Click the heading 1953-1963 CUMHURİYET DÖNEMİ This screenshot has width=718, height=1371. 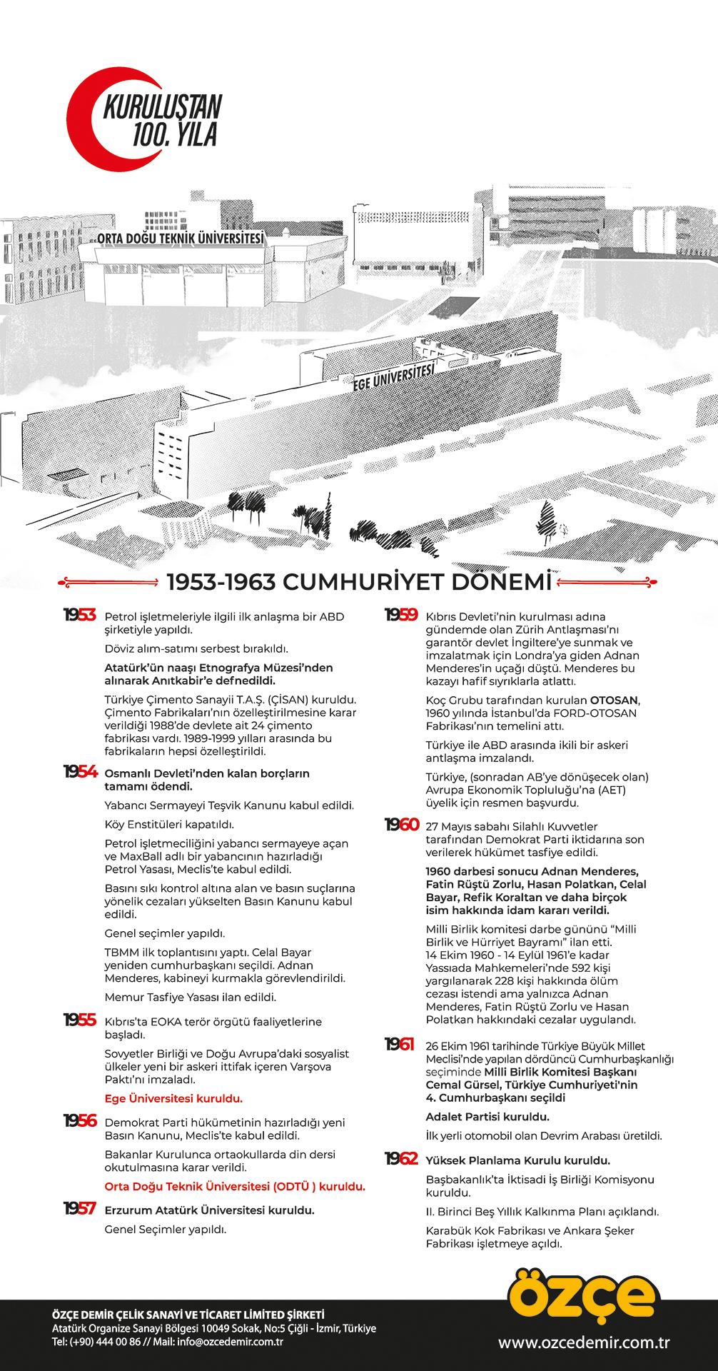[359, 583]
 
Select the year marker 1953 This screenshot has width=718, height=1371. [79, 616]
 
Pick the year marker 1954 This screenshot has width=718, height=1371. [79, 773]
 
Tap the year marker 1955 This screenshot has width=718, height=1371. [79, 1020]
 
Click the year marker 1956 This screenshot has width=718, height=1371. [79, 1122]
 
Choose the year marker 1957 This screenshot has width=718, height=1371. [79, 1209]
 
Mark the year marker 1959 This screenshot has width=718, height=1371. [401, 616]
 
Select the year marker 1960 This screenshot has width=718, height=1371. [401, 825]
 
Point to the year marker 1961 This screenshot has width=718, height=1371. [400, 1045]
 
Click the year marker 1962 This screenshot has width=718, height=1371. [401, 1159]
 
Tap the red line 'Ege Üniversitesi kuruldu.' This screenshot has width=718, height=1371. [173, 1098]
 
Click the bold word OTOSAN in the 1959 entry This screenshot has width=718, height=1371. [615, 700]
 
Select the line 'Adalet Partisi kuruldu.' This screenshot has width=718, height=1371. [487, 1117]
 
